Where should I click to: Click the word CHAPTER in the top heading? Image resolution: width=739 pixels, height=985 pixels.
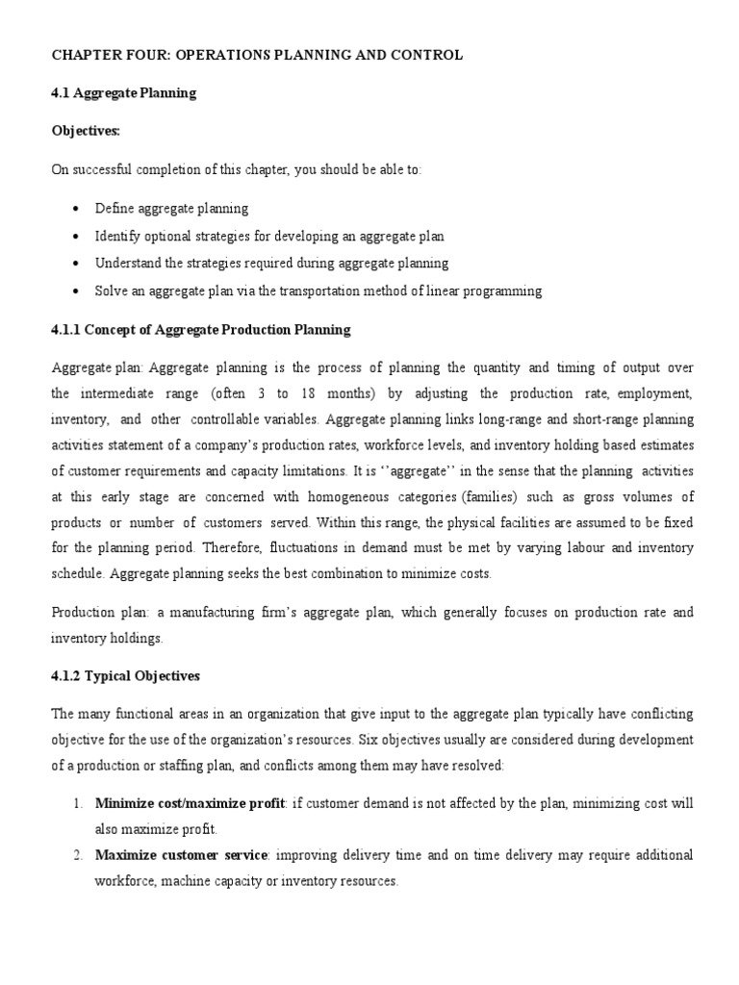[85, 56]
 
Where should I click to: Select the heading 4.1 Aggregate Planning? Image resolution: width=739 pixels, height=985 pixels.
[123, 93]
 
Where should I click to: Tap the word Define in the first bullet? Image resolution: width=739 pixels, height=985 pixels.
[114, 208]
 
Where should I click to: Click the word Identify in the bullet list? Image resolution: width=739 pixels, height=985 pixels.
[116, 236]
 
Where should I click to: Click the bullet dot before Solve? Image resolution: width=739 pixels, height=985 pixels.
[75, 290]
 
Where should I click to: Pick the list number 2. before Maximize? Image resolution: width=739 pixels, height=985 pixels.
[78, 855]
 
